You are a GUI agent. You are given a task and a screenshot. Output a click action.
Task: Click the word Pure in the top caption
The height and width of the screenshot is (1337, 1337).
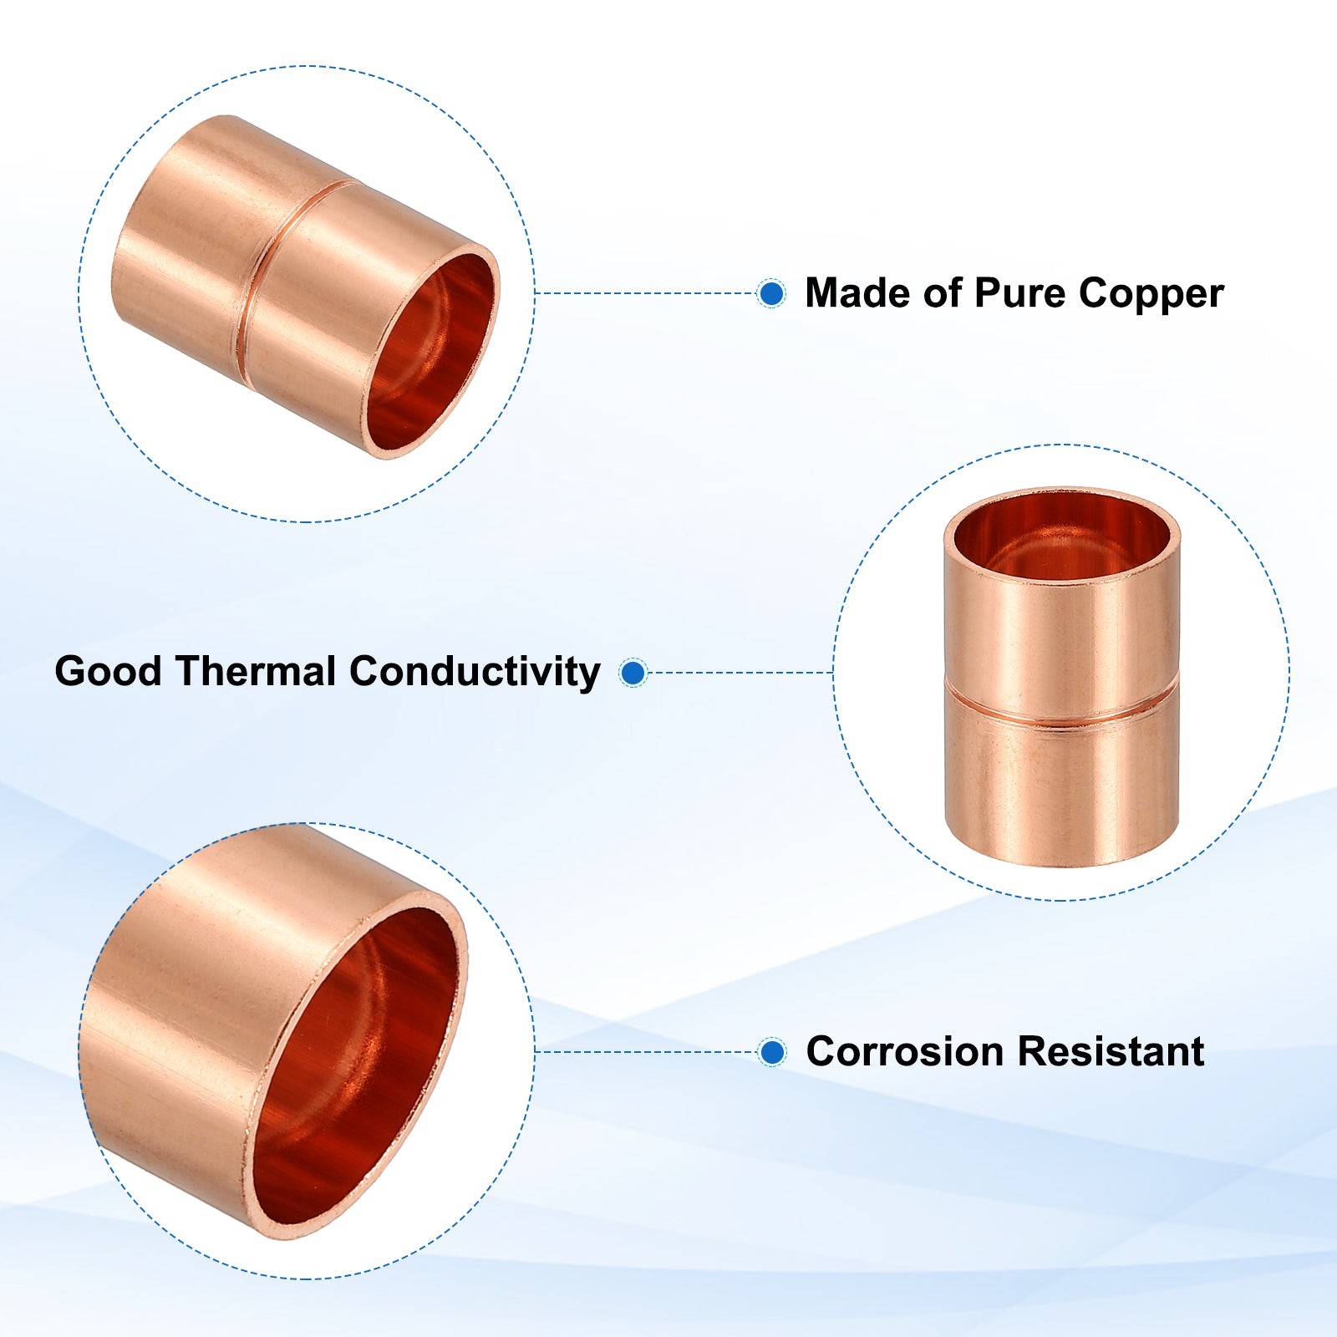pos(1020,293)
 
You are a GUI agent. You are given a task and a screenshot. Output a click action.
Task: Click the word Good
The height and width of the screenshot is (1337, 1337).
pos(108,671)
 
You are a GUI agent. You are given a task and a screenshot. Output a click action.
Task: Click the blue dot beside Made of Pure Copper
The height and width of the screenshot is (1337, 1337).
pos(771,293)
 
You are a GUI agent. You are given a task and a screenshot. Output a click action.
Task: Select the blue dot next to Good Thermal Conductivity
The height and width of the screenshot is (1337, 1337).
pos(633,672)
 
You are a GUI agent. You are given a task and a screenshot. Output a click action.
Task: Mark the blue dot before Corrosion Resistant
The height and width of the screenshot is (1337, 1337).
pos(773,1052)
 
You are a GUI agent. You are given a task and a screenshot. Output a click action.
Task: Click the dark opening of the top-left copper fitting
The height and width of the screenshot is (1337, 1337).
pos(431,352)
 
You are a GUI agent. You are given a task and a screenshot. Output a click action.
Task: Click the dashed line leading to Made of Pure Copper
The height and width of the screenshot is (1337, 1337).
pos(646,293)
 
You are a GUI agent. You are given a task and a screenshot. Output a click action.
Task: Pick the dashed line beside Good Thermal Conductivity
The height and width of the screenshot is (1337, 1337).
pos(740,672)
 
